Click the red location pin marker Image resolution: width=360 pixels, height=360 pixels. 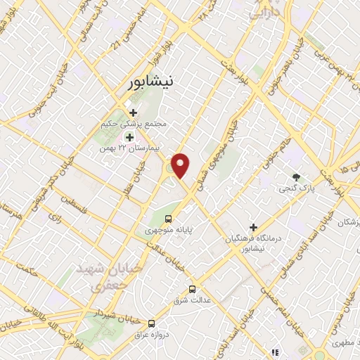(181, 165)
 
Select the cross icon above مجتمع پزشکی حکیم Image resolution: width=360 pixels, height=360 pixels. (133, 112)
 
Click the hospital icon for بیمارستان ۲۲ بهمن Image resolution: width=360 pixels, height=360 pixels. (129, 137)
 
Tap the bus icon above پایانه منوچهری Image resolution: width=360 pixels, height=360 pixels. (168, 218)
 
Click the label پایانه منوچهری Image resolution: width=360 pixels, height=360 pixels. (168, 230)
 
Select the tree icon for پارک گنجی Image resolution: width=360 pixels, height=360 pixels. (296, 177)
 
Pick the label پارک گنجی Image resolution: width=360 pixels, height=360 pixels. (297, 188)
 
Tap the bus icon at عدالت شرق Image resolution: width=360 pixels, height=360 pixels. (193, 289)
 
